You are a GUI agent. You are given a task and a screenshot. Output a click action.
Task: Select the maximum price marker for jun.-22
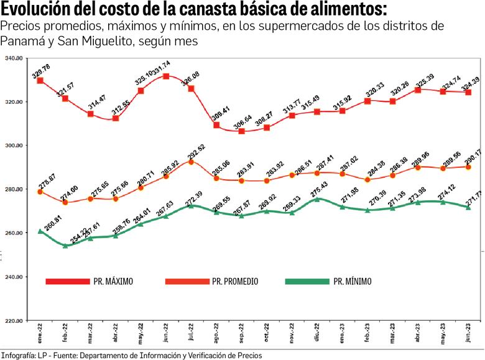tap(166, 76)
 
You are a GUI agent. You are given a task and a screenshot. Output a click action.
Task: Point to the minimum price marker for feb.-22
tap(65, 246)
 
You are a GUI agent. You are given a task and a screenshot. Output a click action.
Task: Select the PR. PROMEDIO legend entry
tap(211, 281)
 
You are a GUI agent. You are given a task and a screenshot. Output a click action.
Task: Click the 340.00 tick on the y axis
tap(14, 58)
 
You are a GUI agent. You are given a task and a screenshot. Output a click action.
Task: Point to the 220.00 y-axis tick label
tap(14, 321)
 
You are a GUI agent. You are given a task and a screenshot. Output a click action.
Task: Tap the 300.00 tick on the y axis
tap(14, 145)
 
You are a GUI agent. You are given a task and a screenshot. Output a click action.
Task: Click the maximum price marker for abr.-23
tap(418, 90)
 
